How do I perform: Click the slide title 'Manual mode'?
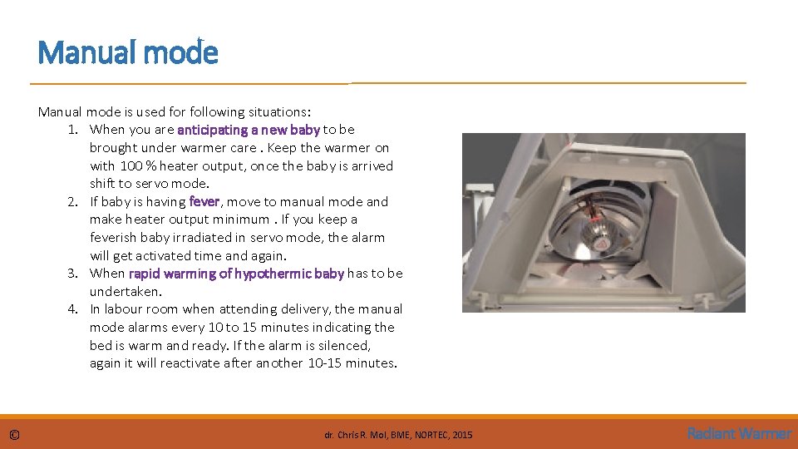click(128, 53)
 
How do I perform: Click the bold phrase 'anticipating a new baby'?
click(248, 130)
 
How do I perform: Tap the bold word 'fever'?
click(204, 201)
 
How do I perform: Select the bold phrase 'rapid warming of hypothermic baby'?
click(236, 274)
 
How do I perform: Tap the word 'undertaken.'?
click(126, 292)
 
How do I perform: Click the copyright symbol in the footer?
click(15, 434)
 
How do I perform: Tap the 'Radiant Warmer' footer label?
click(739, 433)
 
